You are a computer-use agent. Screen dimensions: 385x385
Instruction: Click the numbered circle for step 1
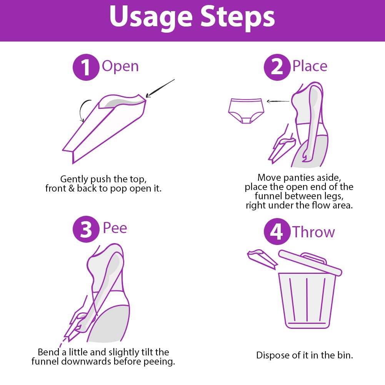coord(86,67)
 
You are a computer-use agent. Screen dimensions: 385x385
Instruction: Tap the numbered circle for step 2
coord(277,67)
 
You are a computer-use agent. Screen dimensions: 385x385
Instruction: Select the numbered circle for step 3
coord(86,229)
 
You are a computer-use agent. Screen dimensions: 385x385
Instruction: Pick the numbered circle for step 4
coord(277,231)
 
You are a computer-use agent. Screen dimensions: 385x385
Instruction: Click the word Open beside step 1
coord(120,67)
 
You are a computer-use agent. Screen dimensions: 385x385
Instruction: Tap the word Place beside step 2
coord(310,66)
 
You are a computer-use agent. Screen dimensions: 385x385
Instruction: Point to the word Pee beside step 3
coord(115,228)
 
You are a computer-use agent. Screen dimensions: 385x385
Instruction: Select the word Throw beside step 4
coord(313,232)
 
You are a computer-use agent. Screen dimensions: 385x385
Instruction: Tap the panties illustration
coord(246,111)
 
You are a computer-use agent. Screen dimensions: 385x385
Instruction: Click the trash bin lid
coord(310,262)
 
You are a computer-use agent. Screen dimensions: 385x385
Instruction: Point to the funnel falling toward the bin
coord(262,259)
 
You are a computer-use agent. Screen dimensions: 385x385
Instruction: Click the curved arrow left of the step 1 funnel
coord(82,110)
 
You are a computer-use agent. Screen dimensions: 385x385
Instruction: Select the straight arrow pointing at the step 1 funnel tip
coord(160,88)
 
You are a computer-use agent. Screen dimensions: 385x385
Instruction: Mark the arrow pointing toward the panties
coord(278,101)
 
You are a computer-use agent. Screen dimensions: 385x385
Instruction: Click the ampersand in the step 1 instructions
coord(72,188)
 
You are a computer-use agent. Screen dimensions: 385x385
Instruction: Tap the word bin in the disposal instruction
coord(345,355)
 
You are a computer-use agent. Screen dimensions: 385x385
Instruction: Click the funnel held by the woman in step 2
coord(282,150)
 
